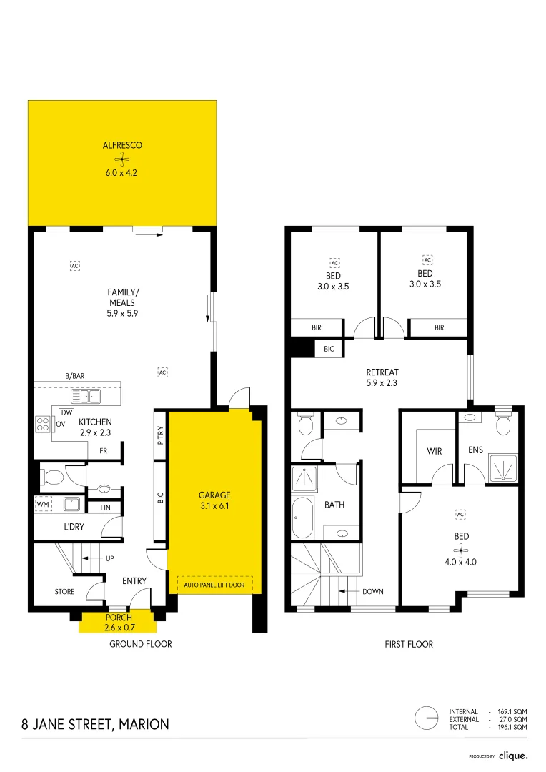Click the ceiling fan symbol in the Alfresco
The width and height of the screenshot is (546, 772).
click(121, 159)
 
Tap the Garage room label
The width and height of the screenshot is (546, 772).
click(214, 495)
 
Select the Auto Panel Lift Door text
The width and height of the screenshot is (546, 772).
click(214, 585)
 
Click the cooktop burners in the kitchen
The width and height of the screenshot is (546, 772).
click(43, 425)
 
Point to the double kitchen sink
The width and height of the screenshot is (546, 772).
click(86, 396)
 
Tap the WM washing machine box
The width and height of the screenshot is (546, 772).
click(44, 504)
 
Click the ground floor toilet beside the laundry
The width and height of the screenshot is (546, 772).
click(52, 477)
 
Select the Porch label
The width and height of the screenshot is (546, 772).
click(119, 618)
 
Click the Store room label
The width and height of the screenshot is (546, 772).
click(64, 592)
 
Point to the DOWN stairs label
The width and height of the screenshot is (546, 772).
click(373, 591)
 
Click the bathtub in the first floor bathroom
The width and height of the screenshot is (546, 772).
click(302, 518)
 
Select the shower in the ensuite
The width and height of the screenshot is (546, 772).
click(502, 467)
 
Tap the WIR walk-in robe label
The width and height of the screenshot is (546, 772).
click(435, 451)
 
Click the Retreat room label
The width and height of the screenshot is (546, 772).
click(382, 372)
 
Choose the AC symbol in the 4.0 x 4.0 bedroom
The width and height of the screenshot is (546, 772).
click(460, 515)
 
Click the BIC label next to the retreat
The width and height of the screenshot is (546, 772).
click(329, 349)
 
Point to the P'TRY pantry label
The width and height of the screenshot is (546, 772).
click(161, 435)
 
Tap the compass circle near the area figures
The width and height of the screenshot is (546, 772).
click(427, 718)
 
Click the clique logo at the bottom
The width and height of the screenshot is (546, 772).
click(513, 756)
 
